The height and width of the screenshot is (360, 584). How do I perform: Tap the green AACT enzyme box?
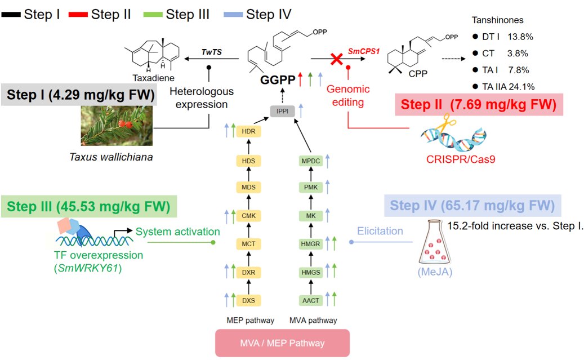[311, 300]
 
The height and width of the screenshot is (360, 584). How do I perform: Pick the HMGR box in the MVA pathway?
[311, 243]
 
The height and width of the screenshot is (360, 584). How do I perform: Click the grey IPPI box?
[282, 111]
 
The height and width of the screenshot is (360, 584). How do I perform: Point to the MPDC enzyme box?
[311, 161]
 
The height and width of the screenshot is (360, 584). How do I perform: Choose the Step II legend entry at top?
[105, 14]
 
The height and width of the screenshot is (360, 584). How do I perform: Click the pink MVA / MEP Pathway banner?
[283, 343]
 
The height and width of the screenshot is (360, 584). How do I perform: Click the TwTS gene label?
[212, 51]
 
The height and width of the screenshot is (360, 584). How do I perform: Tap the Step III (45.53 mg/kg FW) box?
[89, 206]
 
